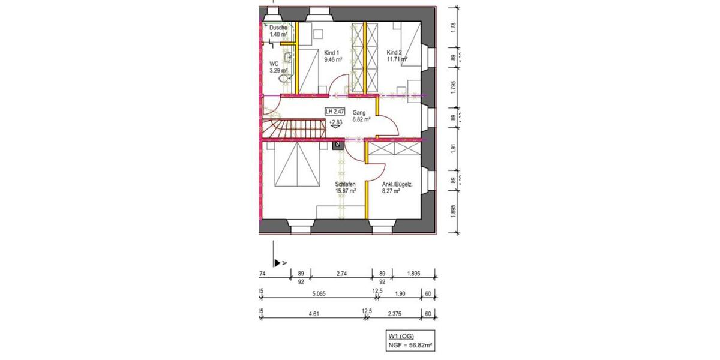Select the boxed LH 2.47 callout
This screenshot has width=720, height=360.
point(335,112)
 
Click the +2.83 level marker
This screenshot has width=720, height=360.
point(335,122)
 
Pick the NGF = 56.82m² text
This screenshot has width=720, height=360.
point(410,346)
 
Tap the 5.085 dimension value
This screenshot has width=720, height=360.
point(319,293)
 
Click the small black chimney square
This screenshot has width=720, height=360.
point(338,143)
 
